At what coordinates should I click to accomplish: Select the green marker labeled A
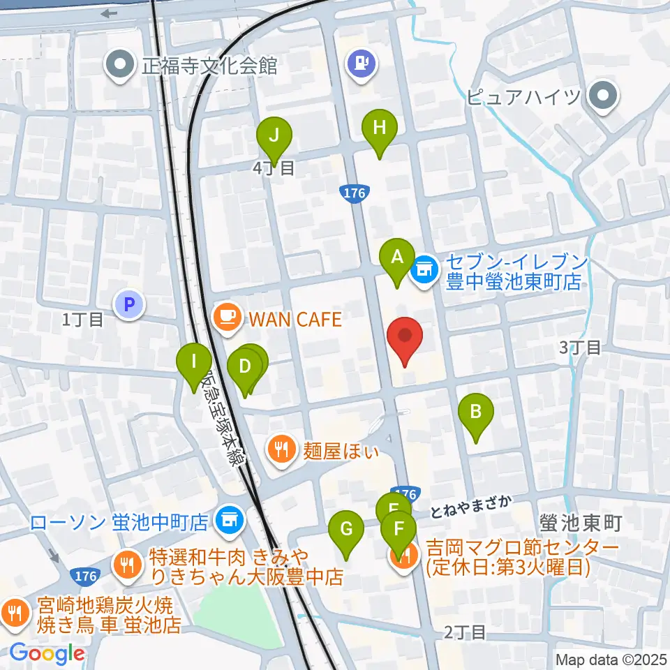pyautogui.click(x=397, y=258)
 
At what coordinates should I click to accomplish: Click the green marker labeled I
pyautogui.click(x=194, y=363)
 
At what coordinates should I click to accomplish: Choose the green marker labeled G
pyautogui.click(x=346, y=530)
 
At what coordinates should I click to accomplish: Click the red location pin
pyautogui.click(x=405, y=336)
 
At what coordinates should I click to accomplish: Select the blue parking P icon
pyautogui.click(x=128, y=304)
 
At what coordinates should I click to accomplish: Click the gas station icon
pyautogui.click(x=361, y=64)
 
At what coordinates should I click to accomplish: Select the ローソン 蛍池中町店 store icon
pyautogui.click(x=229, y=519)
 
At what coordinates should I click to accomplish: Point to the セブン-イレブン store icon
pyautogui.click(x=425, y=267)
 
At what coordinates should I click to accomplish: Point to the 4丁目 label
pyautogui.click(x=274, y=167)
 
